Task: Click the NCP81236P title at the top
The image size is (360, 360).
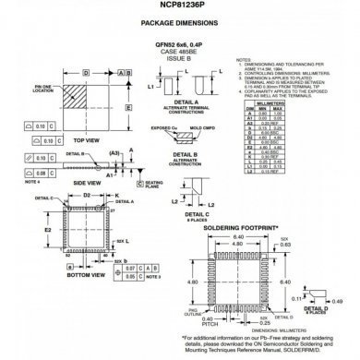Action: click(x=179, y=6)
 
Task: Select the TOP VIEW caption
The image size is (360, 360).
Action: click(x=85, y=140)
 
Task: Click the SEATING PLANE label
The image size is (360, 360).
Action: click(x=153, y=184)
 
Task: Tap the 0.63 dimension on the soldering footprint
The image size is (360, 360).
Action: click(x=310, y=243)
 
